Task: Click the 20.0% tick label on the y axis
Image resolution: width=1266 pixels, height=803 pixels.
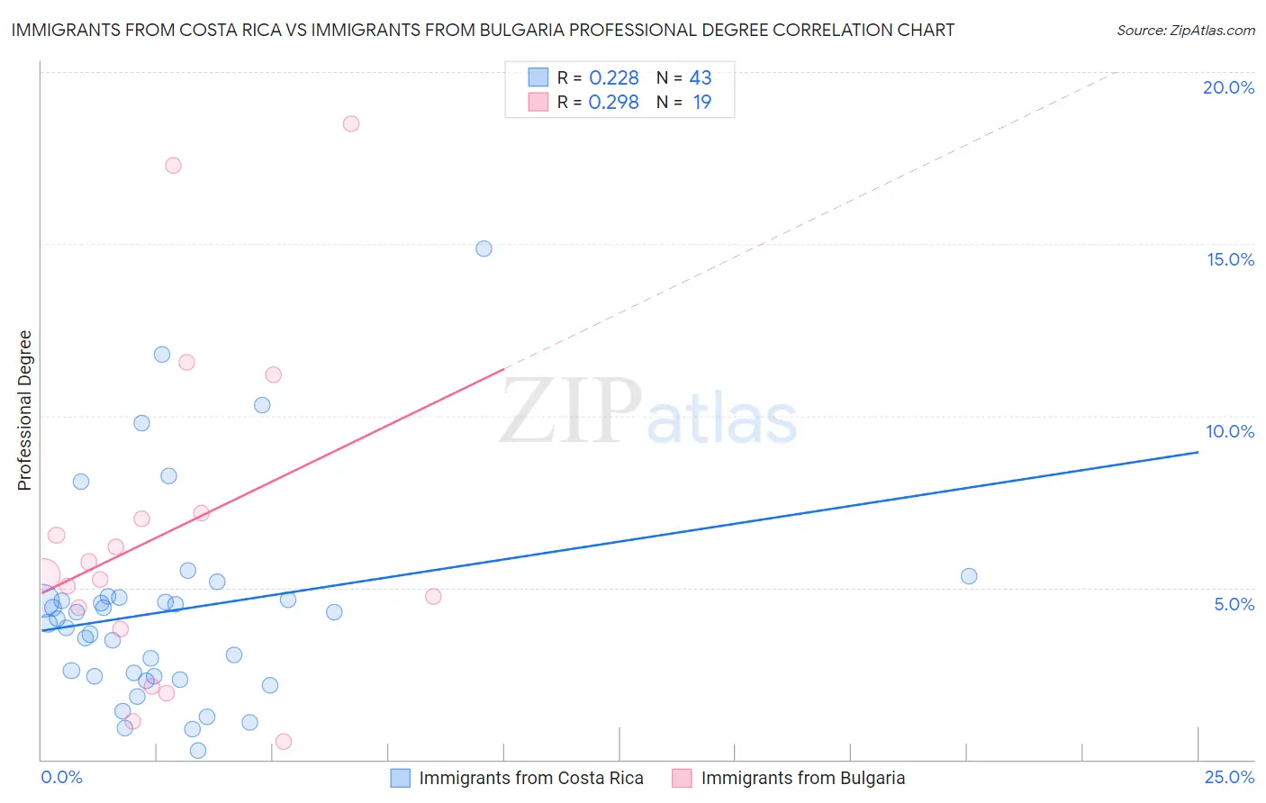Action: tap(1228, 87)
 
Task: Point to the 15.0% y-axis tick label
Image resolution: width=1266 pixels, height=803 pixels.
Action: tap(1230, 259)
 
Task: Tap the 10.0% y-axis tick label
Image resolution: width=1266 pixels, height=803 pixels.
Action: tap(1230, 431)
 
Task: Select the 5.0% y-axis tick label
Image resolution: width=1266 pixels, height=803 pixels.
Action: tap(1234, 604)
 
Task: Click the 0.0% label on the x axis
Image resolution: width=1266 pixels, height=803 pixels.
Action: tap(61, 777)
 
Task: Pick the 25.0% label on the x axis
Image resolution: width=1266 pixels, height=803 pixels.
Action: tap(1229, 777)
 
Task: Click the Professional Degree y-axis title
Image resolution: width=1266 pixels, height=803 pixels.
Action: tap(24, 411)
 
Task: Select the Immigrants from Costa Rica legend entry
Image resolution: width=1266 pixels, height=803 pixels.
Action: tap(530, 778)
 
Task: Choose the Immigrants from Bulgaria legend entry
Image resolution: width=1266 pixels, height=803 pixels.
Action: tap(802, 778)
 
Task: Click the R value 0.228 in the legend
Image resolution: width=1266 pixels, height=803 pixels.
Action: tap(613, 78)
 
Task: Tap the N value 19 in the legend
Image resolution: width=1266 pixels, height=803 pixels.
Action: tap(701, 103)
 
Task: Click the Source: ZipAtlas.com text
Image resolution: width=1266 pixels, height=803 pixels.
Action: tap(1185, 31)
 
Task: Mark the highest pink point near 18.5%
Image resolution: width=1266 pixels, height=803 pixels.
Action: tap(351, 123)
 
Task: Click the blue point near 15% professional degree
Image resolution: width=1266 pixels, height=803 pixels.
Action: tap(484, 248)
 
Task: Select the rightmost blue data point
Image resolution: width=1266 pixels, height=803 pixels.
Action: tap(969, 576)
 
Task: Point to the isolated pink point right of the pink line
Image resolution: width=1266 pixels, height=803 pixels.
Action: tap(433, 596)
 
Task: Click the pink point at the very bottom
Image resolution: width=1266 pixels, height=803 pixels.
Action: tap(284, 742)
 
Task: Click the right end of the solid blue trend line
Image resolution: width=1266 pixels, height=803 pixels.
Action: tap(1198, 452)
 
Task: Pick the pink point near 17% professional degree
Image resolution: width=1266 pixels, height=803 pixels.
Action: tap(173, 166)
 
